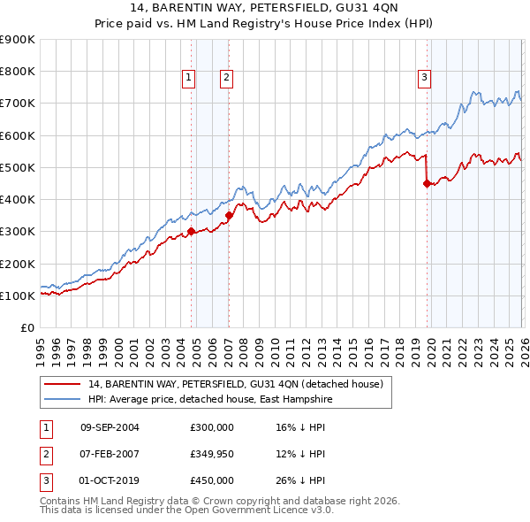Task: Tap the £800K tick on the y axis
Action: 17,72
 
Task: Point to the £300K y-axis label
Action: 17,232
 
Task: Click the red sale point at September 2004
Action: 191,232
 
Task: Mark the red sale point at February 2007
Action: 229,215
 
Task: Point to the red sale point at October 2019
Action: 427,184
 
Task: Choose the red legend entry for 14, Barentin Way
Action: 235,384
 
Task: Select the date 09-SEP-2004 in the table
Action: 110,427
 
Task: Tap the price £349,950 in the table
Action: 212,454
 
